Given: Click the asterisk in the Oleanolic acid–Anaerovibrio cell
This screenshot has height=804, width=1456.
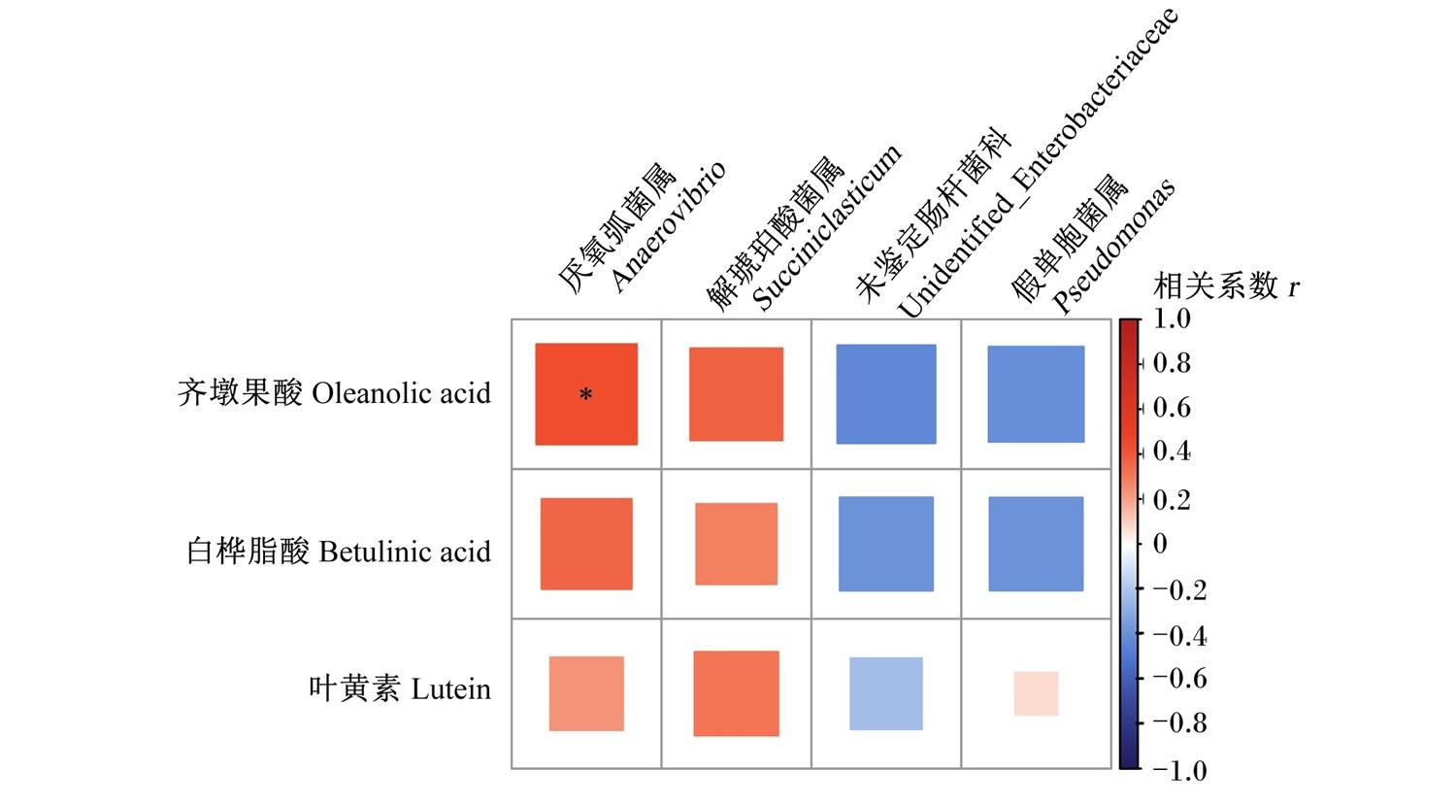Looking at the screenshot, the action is point(585,394).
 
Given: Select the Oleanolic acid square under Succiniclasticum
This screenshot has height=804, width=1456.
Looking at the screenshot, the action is point(736,394).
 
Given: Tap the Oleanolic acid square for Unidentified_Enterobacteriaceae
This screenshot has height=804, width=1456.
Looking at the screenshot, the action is point(886,394).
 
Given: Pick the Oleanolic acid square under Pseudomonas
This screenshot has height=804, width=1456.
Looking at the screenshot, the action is point(1036,394).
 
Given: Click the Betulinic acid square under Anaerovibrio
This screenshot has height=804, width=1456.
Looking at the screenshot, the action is point(586,544).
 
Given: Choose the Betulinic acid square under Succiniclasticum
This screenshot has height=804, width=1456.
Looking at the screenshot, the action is point(736,544).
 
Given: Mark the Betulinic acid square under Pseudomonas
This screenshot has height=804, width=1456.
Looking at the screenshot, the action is point(1036,544).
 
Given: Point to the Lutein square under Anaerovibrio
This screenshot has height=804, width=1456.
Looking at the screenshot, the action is point(586,693).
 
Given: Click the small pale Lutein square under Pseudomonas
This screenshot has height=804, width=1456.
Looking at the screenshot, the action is point(1036,693).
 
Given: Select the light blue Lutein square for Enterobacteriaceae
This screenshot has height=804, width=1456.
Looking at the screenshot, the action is point(886,693).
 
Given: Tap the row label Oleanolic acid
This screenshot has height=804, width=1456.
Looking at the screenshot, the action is point(401,393).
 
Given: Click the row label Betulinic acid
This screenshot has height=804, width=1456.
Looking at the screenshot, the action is point(405,553).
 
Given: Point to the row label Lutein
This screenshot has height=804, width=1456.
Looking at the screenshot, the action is point(451,689).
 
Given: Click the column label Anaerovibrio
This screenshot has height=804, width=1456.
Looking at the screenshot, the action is point(668,226).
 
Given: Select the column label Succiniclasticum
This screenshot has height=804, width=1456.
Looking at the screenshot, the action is point(827,227).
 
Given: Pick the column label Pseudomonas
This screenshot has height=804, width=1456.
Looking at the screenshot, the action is point(1113,246).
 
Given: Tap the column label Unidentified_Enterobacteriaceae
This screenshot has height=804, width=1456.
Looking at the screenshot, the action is point(1038,162).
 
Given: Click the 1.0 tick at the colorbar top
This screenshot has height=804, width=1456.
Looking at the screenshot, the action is point(1172,318).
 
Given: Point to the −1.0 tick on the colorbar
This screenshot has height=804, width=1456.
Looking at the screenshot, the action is point(1179,771).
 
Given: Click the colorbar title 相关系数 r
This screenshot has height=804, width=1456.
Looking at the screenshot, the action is point(1226,286).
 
